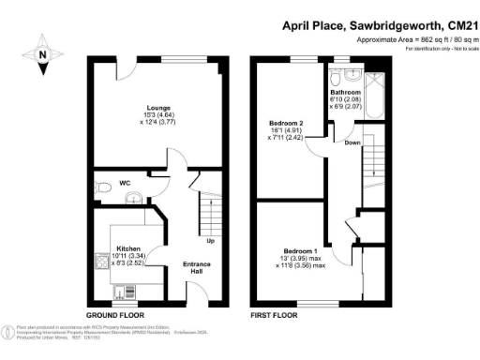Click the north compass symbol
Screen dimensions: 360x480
[x=43, y=55]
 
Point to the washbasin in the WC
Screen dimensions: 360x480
[x=136, y=196]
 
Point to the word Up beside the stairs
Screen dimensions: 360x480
[x=211, y=243]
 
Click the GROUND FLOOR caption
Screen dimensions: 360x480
[x=113, y=316]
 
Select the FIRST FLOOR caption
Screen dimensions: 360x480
[x=275, y=316]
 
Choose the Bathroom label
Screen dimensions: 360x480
[x=345, y=94]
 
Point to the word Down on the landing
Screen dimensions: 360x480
[x=352, y=142]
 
